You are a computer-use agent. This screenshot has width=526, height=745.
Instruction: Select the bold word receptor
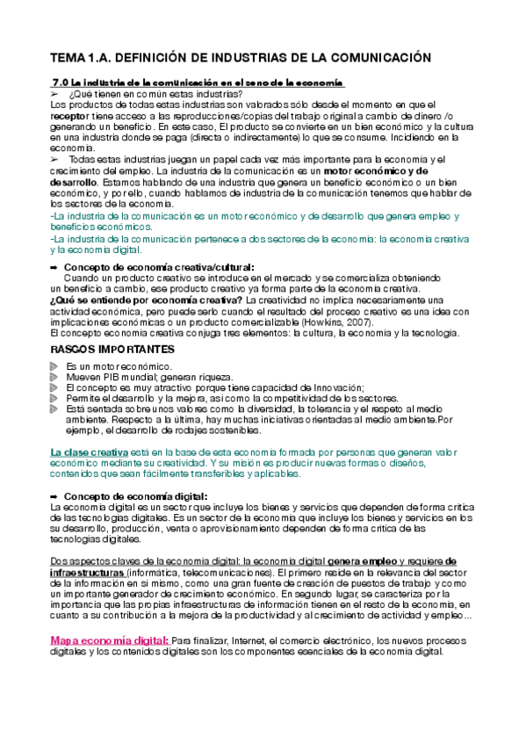pyautogui.click(x=68, y=115)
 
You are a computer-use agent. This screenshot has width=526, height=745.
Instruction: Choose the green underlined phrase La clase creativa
pyautogui.click(x=90, y=452)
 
